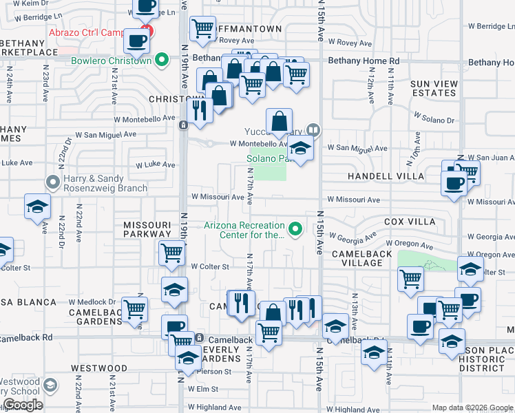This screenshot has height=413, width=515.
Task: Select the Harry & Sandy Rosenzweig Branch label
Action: pyautogui.click(x=105, y=183)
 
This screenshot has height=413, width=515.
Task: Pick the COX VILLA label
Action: pyautogui.click(x=410, y=222)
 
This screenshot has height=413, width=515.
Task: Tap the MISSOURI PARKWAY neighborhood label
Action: pyautogui.click(x=147, y=229)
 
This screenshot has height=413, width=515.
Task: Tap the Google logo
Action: pyautogui.click(x=23, y=405)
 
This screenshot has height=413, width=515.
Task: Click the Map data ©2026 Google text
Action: pyautogui.click(x=472, y=407)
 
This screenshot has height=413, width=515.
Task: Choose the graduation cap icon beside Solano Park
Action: pyautogui.click(x=299, y=147)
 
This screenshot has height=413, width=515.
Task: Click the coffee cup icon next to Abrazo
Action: pyautogui.click(x=136, y=41)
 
